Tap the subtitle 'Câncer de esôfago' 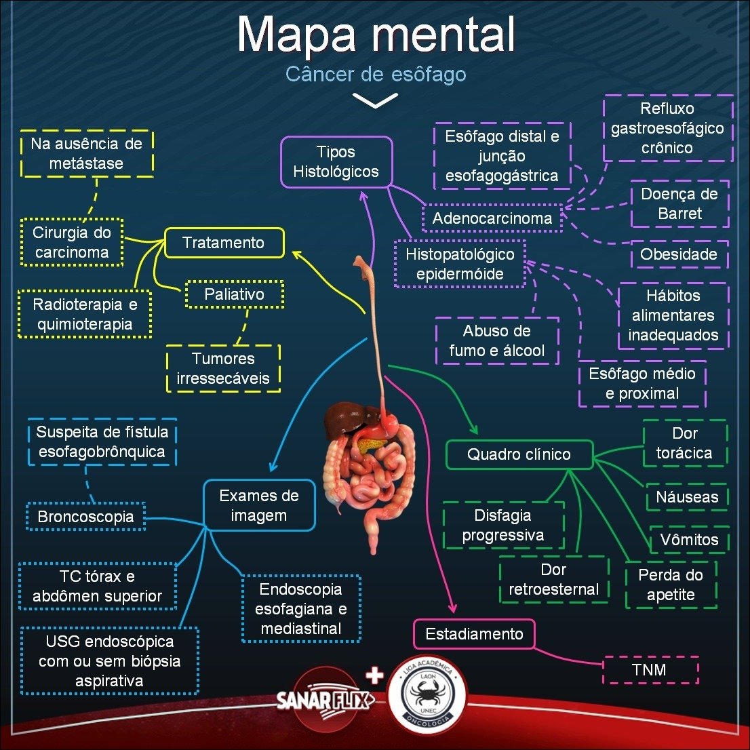[x=376, y=74]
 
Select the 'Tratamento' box [x=224, y=243]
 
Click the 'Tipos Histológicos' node [x=336, y=162]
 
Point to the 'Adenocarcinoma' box [x=492, y=218]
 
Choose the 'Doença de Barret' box [x=679, y=203]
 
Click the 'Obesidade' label [x=679, y=254]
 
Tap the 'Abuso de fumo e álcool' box [x=497, y=340]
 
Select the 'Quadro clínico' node [x=519, y=454]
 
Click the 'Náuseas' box [x=687, y=497]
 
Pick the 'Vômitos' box [x=689, y=540]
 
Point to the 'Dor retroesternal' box [x=554, y=580]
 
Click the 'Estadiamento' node [x=474, y=634]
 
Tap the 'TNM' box [x=649, y=670]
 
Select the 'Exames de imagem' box [x=259, y=505]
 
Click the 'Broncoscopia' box [x=85, y=517]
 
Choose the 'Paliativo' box [x=234, y=294]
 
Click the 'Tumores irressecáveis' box [x=223, y=368]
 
